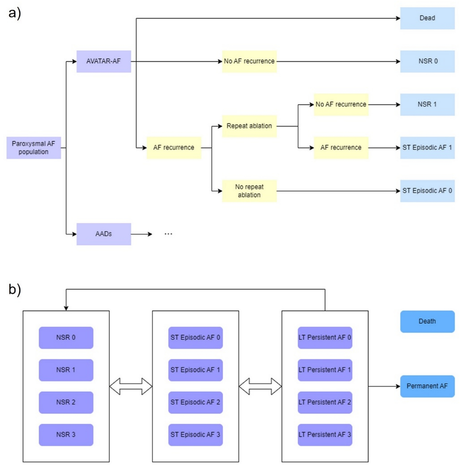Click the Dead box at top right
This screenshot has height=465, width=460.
click(x=427, y=18)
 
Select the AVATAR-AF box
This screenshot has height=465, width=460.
click(x=104, y=61)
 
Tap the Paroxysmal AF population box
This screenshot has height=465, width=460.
click(x=34, y=148)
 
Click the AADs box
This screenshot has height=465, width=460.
click(x=104, y=234)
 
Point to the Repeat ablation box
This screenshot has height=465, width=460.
click(x=249, y=126)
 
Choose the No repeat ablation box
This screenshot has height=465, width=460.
click(x=249, y=191)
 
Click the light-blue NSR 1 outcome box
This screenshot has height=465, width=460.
click(x=427, y=104)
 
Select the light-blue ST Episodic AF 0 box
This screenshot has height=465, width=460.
click(x=427, y=191)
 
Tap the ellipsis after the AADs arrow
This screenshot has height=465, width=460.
click(x=168, y=234)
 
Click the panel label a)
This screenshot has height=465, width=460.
click(x=15, y=13)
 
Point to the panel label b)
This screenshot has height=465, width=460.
click(x=15, y=289)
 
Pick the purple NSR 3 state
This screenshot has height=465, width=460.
click(x=66, y=435)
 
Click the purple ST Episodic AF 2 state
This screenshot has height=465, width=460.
click(x=195, y=402)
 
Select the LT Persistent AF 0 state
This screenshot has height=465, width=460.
click(x=325, y=337)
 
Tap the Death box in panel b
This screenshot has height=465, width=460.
click(x=427, y=321)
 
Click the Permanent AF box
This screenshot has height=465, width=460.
click(x=427, y=386)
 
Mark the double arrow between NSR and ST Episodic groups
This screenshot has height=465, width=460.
click(x=131, y=386)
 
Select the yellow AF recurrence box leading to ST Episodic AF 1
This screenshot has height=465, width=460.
click(x=341, y=148)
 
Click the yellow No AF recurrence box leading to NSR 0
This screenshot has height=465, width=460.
click(x=249, y=61)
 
